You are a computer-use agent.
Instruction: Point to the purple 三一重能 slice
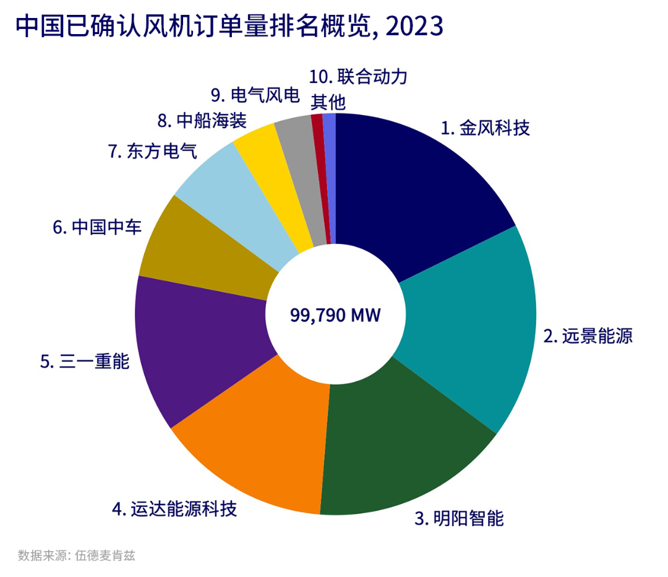(198, 347)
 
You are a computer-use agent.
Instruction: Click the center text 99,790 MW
(335, 315)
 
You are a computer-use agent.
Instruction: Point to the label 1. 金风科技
(486, 128)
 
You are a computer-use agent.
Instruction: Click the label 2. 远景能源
(588, 336)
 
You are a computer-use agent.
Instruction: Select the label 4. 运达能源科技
(174, 510)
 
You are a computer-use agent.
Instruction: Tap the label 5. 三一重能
(85, 362)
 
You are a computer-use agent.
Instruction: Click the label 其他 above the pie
(328, 101)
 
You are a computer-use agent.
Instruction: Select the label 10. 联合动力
(358, 77)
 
